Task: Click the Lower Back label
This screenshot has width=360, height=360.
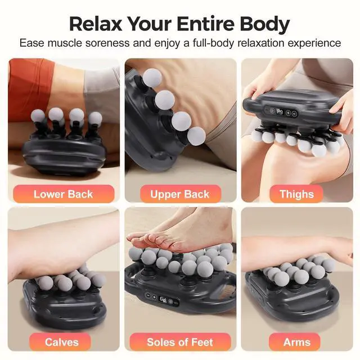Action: (x=64, y=194)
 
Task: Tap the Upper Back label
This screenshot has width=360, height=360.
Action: (x=180, y=194)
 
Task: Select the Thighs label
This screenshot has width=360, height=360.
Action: (x=296, y=194)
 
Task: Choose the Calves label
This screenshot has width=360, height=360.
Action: (x=62, y=342)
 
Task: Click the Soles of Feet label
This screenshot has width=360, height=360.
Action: (x=180, y=342)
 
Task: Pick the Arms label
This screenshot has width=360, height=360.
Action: (x=296, y=342)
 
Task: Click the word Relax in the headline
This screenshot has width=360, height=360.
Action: (x=96, y=24)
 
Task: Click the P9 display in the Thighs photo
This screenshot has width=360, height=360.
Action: (x=280, y=112)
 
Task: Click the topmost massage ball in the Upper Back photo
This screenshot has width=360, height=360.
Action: (x=152, y=78)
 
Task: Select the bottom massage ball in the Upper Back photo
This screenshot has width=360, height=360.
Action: (x=196, y=136)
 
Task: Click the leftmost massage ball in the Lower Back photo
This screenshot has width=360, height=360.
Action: (x=38, y=116)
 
